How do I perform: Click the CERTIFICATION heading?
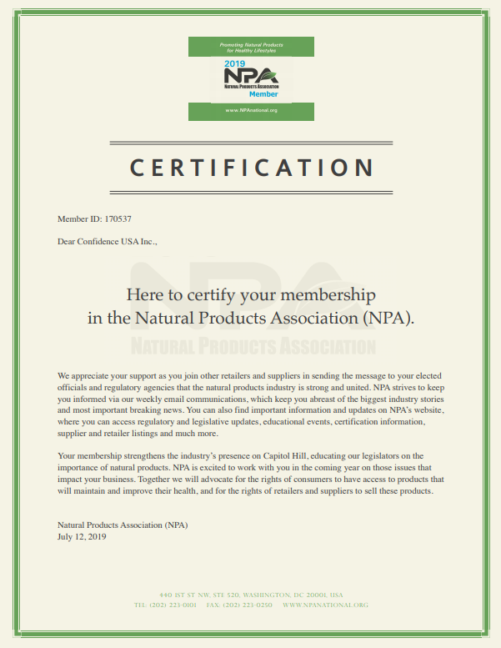251,168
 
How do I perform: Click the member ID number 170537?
118,219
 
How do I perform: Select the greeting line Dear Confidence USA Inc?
107,242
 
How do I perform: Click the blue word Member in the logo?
263,94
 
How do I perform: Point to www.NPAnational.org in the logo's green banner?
251,110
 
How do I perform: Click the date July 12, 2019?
82,537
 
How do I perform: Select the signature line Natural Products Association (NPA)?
123,525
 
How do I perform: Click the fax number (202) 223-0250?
248,604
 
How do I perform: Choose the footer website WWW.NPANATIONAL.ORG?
325,604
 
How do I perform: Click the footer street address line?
251,595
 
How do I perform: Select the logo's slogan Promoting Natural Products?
251,43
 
